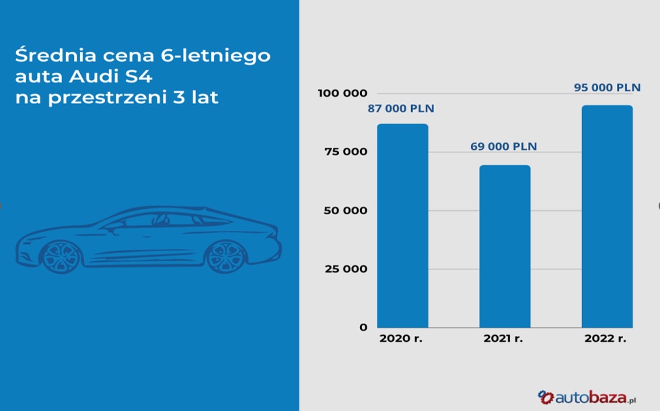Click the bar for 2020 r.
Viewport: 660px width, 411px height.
[402, 226]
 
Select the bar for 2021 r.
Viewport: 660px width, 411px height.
[505, 246]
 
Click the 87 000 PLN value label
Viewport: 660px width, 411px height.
[401, 108]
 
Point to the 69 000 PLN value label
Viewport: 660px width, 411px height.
[504, 146]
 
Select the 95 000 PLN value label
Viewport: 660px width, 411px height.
[607, 87]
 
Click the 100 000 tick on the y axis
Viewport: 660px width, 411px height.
[342, 93]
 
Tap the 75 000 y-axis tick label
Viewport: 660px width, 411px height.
[346, 152]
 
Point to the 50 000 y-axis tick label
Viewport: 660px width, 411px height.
[346, 211]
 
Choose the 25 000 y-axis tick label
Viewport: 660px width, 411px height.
[346, 269]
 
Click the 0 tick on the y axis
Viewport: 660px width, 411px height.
[363, 327]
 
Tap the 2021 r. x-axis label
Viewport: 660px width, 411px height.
[503, 338]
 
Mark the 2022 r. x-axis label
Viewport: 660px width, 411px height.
[606, 338]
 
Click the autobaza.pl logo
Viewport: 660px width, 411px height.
[587, 398]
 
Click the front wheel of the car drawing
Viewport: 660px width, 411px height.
[61, 256]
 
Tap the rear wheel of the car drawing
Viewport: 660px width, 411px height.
[226, 256]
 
